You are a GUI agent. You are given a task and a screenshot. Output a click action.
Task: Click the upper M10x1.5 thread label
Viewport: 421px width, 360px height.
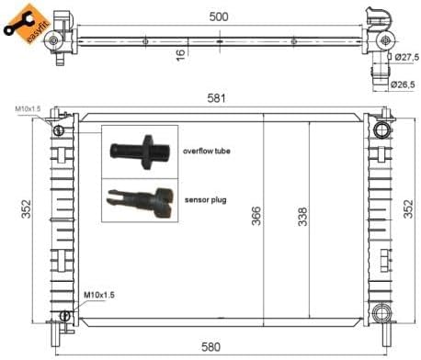click(x=28, y=109)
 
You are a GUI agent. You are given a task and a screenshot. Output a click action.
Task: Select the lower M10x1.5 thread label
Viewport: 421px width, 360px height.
click(x=100, y=295)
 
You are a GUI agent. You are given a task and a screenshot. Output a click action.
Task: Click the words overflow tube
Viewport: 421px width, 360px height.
click(x=209, y=152)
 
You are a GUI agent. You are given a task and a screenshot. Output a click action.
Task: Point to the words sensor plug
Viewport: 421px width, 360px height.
click(x=204, y=198)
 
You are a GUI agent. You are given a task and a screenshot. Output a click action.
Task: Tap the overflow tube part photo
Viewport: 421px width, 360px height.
click(x=135, y=149)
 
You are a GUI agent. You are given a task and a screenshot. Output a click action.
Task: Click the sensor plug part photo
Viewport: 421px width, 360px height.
click(x=138, y=199)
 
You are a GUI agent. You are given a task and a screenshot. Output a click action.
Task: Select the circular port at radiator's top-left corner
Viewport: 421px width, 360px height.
click(x=59, y=129)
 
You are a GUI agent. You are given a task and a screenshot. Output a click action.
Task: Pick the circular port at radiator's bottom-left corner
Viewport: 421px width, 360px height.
click(x=63, y=316)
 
